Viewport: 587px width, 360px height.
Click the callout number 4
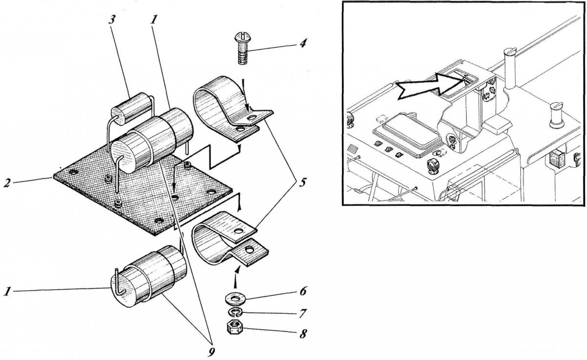(303, 43)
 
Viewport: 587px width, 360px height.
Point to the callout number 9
(212, 351)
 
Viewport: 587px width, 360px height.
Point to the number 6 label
(303, 292)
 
